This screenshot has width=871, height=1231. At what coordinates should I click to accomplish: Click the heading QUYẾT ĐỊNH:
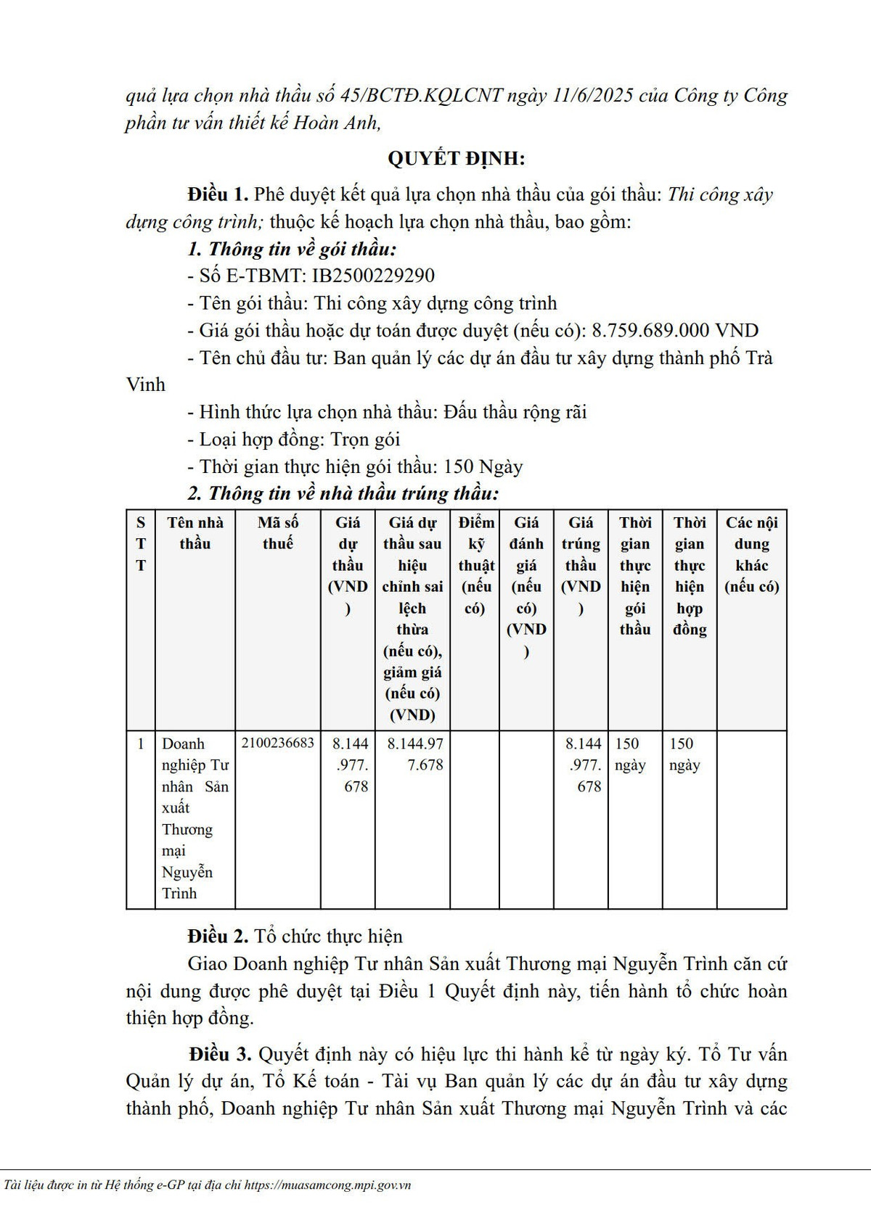pyautogui.click(x=456, y=159)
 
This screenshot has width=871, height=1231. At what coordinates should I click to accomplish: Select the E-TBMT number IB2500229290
pyautogui.click(x=373, y=276)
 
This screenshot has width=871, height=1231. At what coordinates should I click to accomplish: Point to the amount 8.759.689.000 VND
pyautogui.click(x=675, y=331)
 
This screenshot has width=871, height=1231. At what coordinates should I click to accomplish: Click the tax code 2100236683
pyautogui.click(x=278, y=744)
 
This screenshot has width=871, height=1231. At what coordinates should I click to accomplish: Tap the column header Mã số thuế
pyautogui.click(x=278, y=533)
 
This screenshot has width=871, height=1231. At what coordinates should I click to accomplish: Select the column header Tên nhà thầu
pyautogui.click(x=195, y=533)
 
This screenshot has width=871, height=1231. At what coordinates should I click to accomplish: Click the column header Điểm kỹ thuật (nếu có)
pyautogui.click(x=475, y=565)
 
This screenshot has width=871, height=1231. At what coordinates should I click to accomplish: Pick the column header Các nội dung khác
pyautogui.click(x=751, y=554)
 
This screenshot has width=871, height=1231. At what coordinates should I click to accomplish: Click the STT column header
pyautogui.click(x=141, y=543)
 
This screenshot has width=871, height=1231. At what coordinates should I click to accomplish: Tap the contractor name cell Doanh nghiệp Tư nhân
pyautogui.click(x=195, y=818)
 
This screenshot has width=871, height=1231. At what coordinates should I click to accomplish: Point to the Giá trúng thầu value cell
pyautogui.click(x=582, y=765)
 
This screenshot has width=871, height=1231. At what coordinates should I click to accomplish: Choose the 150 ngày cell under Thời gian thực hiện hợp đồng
pyautogui.click(x=684, y=754)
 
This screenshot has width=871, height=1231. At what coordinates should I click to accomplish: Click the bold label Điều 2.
pyautogui.click(x=218, y=936)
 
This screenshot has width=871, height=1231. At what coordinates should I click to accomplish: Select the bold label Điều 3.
pyautogui.click(x=220, y=1054)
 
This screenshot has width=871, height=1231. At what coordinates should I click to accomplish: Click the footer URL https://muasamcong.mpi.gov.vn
pyautogui.click(x=328, y=1185)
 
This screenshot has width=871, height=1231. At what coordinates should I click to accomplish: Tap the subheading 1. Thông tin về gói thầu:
pyautogui.click(x=292, y=249)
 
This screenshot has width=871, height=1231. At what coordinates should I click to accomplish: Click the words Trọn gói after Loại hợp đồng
pyautogui.click(x=365, y=440)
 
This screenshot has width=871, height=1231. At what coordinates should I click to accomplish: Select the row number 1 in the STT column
pyautogui.click(x=141, y=744)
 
